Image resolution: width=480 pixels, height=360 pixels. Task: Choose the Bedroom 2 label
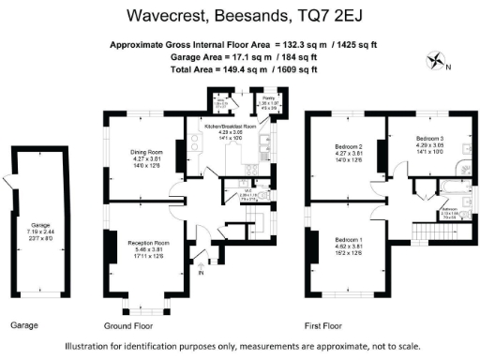tap(348, 147)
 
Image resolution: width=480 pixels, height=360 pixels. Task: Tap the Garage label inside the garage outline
tap(39, 225)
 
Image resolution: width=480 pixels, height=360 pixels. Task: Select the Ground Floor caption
tap(128, 325)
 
